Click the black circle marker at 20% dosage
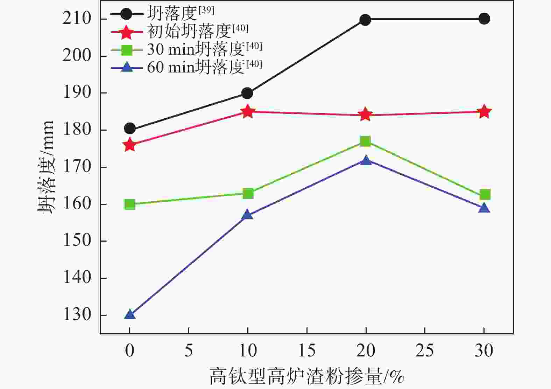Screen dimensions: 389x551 [x=365, y=20]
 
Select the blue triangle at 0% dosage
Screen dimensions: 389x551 [x=130, y=314]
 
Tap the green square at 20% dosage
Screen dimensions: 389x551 [x=366, y=141]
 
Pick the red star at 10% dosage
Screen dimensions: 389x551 [x=248, y=112]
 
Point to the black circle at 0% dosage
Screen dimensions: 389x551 [x=130, y=129]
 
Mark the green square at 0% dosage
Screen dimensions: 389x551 [x=130, y=204]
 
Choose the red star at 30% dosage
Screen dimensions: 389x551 [x=484, y=112]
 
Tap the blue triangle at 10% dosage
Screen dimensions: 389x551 [x=247, y=215]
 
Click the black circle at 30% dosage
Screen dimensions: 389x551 [x=484, y=19]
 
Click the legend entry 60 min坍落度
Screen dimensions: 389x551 [x=196, y=67]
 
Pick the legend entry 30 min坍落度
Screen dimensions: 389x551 [x=196, y=49]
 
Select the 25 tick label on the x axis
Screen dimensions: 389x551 [x=425, y=350]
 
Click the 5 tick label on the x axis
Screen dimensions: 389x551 [x=189, y=350]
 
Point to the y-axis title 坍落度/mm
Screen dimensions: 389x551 [x=46, y=167]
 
